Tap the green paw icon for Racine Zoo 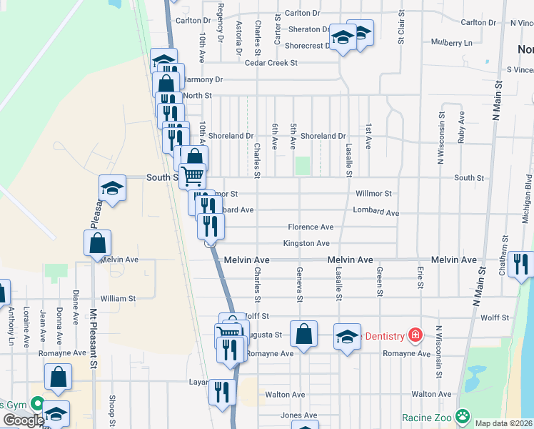coord(464,415)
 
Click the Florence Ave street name coord(311,227)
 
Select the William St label coord(118,299)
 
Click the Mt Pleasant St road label coord(93,338)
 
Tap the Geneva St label coord(300,285)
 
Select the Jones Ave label coord(298,415)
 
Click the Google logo coord(24,420)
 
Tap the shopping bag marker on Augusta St coord(303,333)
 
